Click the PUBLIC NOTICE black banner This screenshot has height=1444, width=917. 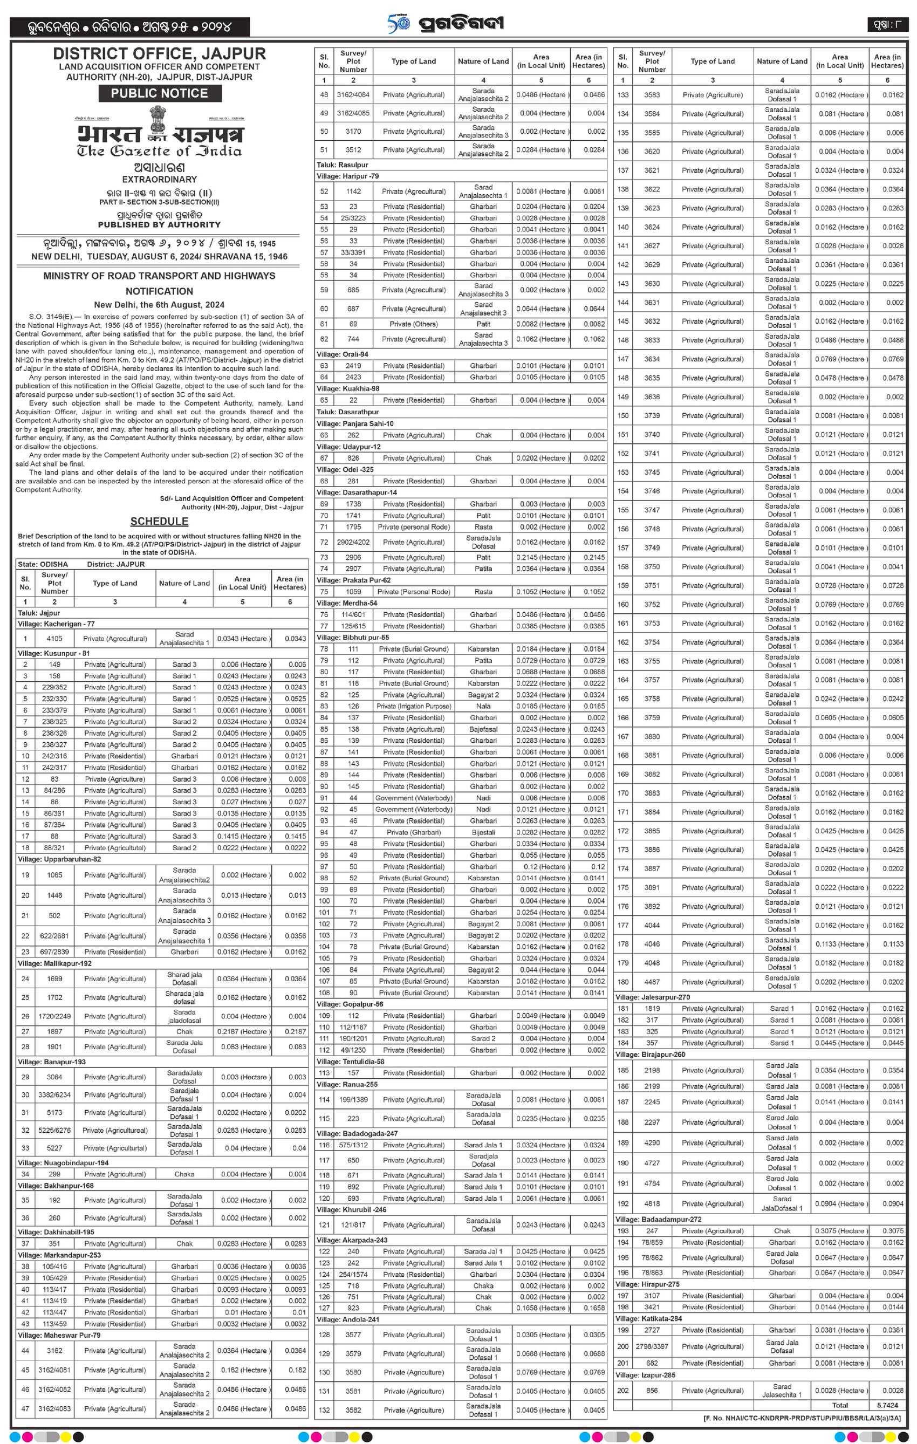point(160,93)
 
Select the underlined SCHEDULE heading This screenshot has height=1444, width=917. point(160,521)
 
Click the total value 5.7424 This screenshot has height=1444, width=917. point(887,1405)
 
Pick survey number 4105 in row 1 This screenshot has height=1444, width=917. point(54,639)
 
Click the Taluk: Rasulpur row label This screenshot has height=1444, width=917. point(343,165)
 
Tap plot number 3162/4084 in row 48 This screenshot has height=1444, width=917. point(353,95)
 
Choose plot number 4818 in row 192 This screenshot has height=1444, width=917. point(652,1203)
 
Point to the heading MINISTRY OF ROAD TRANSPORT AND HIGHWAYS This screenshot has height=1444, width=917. point(160,276)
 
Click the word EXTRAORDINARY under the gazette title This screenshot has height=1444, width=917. point(160,179)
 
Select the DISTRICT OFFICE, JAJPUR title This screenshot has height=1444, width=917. point(160,53)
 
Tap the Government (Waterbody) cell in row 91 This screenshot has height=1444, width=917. point(414,798)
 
